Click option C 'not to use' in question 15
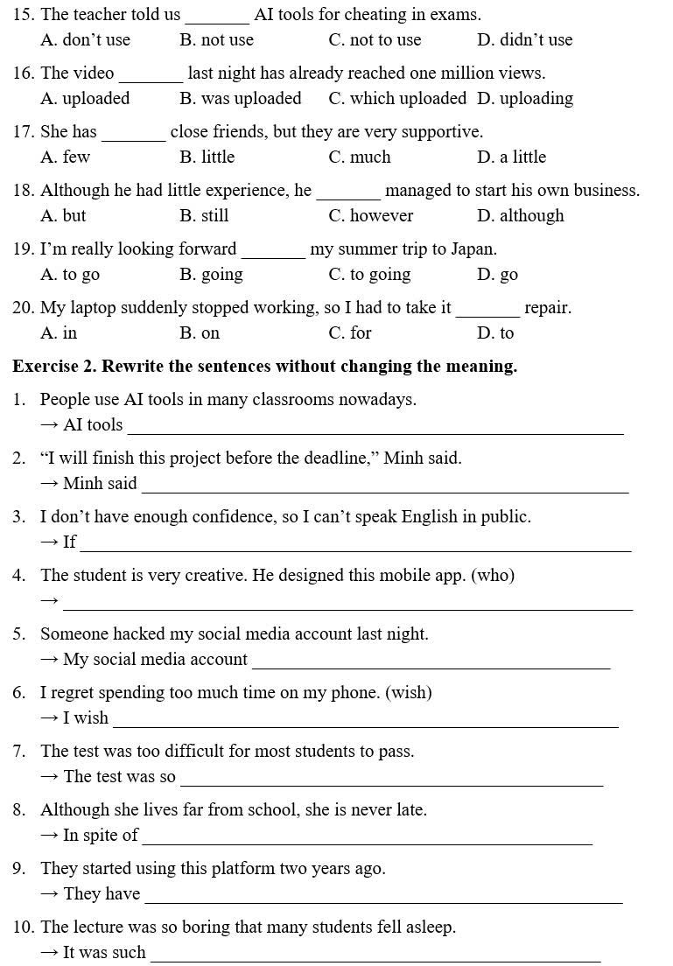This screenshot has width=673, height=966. coord(375,40)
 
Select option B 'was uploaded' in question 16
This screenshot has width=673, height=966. coord(240,99)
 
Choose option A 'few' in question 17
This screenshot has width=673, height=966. coord(66,157)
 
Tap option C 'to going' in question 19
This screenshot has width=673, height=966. coord(369,275)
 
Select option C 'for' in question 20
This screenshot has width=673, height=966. coord(350,333)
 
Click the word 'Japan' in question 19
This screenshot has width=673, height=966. coord(473,249)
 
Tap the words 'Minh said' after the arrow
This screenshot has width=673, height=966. coord(100,484)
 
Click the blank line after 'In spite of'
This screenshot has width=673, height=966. coord(367,842)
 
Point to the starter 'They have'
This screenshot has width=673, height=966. coord(102,894)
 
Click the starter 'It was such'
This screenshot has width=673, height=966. coord(104,953)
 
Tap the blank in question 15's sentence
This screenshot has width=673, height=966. coord(217,19)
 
